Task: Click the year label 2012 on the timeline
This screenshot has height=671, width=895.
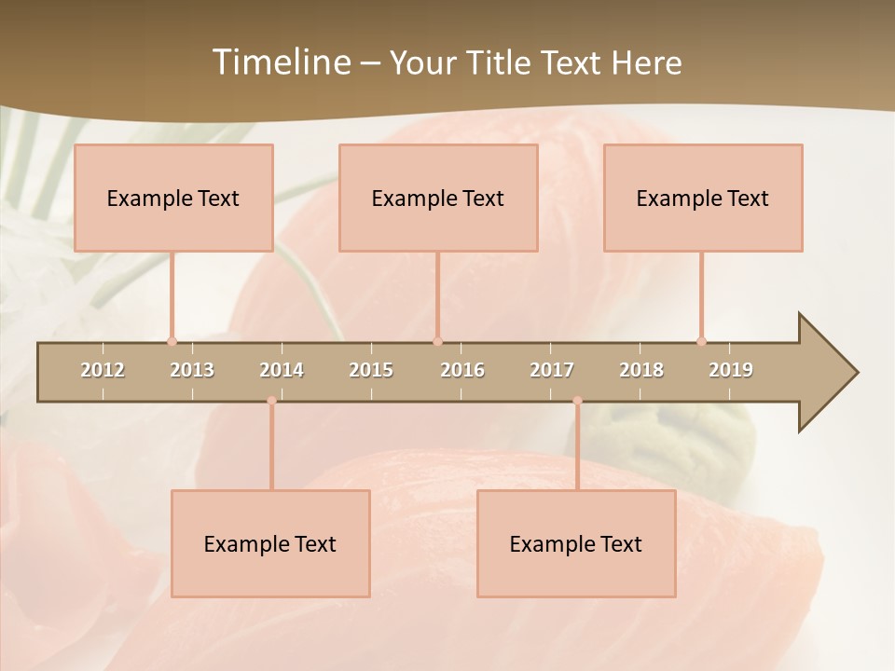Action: (x=103, y=370)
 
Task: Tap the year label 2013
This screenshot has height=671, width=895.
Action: (x=192, y=370)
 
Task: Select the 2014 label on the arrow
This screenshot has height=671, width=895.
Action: (x=282, y=370)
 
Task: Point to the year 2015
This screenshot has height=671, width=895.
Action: (x=371, y=370)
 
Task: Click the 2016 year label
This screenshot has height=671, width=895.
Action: (x=462, y=370)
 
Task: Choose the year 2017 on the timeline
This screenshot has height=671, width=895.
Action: (x=552, y=370)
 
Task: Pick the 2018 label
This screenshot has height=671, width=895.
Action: (x=641, y=370)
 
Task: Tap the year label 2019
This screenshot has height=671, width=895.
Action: (x=731, y=370)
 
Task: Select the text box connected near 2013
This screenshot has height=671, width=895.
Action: (x=173, y=198)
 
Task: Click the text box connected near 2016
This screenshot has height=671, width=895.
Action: (x=438, y=198)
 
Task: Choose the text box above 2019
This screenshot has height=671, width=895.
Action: (x=703, y=198)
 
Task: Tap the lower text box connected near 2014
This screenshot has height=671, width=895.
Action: (x=270, y=543)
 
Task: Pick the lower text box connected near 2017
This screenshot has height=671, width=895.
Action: (x=576, y=543)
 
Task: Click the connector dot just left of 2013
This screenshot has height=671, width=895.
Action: (x=172, y=341)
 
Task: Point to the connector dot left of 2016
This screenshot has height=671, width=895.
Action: (x=437, y=341)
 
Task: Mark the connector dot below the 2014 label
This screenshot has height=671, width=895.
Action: (x=271, y=401)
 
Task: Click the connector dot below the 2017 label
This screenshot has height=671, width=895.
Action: (x=577, y=401)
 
